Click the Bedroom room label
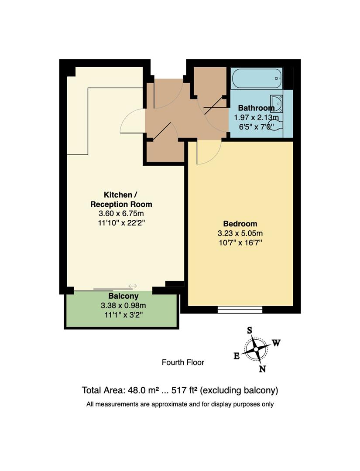click(x=240, y=224)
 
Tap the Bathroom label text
click(x=256, y=108)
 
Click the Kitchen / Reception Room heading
click(x=121, y=199)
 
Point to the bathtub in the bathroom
click(x=256, y=79)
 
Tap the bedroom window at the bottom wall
click(x=240, y=310)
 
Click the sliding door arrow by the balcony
click(x=133, y=286)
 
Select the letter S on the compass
click(x=250, y=330)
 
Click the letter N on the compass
click(x=263, y=369)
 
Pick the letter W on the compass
click(x=276, y=343)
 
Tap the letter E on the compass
click(x=237, y=356)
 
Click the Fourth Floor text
click(x=183, y=362)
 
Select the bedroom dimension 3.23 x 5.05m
click(x=240, y=233)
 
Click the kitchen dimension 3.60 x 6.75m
click(x=121, y=213)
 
